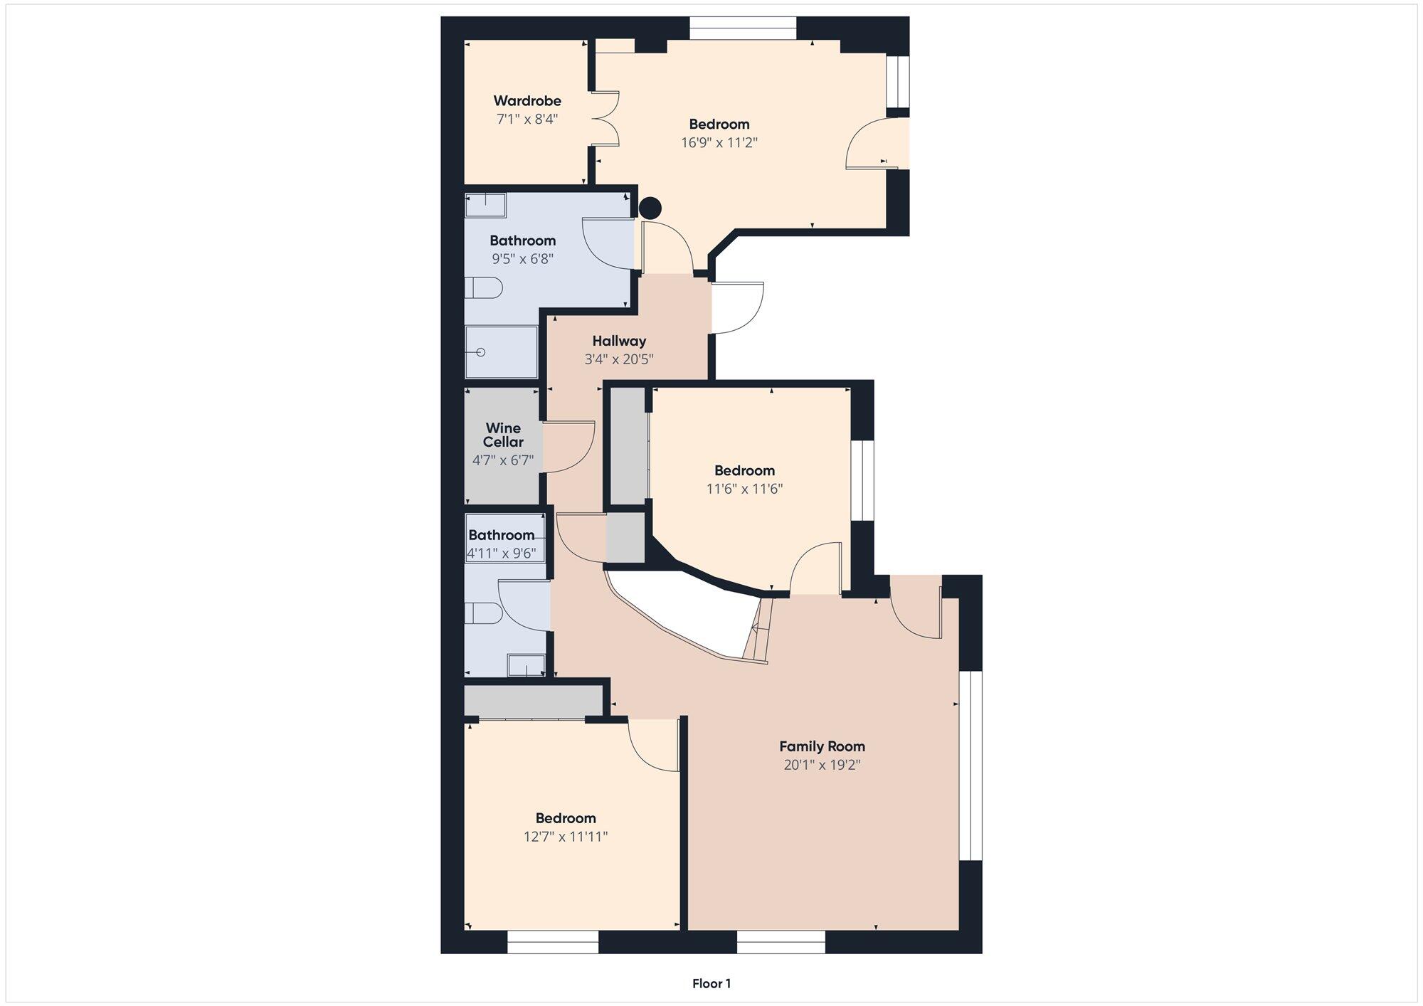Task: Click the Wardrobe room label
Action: [527, 101]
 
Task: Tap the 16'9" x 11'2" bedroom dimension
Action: [719, 142]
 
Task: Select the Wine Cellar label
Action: [503, 435]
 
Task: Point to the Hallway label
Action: [619, 341]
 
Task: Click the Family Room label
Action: [822, 746]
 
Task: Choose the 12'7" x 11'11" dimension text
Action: [566, 837]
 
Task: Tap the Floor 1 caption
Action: [711, 984]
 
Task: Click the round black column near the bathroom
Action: [650, 208]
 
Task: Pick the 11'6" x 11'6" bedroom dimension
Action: [744, 489]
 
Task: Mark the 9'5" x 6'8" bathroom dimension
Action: [522, 259]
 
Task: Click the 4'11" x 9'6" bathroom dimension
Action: [501, 553]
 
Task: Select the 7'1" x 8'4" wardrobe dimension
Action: [527, 119]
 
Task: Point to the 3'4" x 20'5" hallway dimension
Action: [619, 359]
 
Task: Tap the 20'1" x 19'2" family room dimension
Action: [822, 765]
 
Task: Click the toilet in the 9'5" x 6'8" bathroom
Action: [484, 288]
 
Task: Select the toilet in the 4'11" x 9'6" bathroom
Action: [483, 613]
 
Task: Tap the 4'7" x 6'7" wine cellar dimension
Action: [503, 460]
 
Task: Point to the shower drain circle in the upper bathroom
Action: [481, 352]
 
